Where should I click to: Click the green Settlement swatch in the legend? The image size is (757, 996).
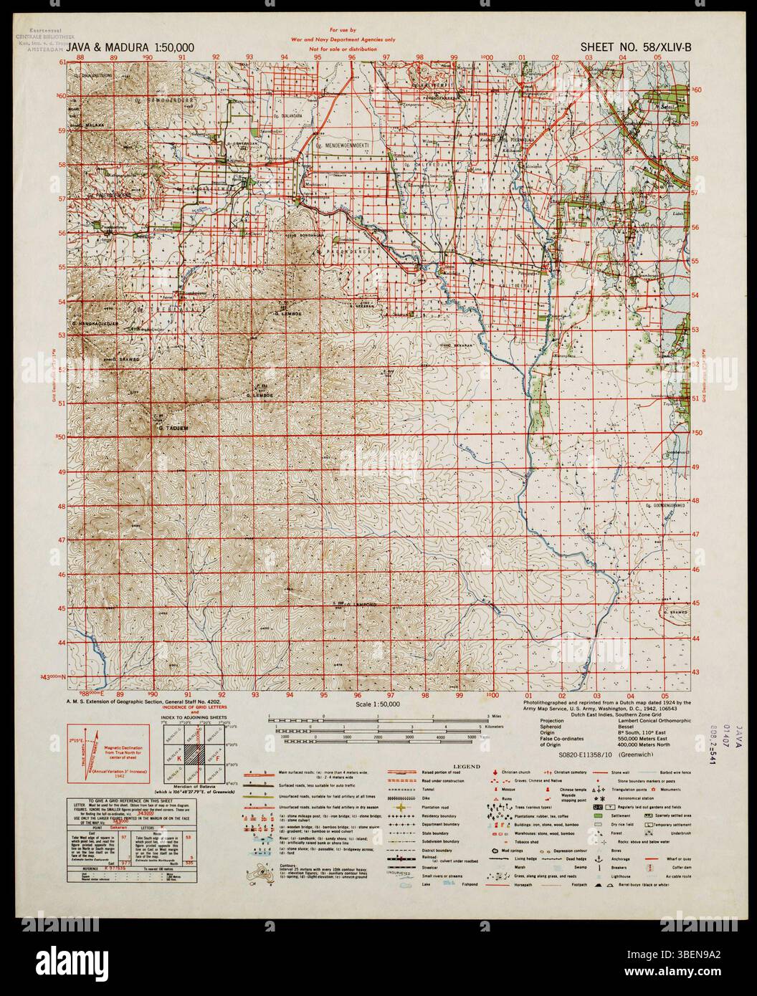[600, 815]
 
